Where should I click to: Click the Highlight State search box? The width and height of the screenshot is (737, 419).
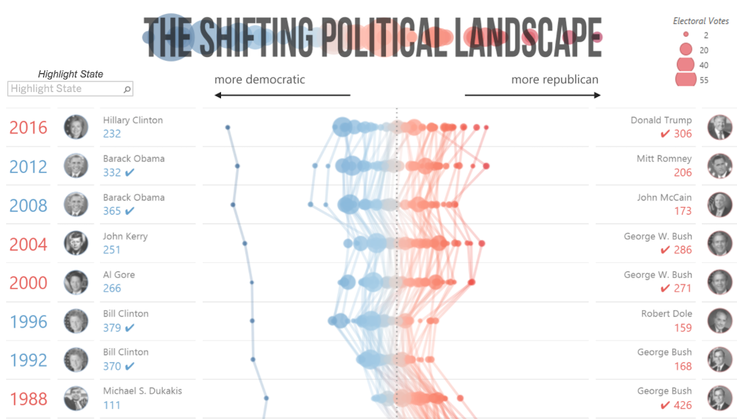[x=70, y=88]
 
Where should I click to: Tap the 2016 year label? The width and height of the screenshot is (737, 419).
[x=28, y=127]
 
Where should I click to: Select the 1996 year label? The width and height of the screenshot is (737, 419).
[x=28, y=322]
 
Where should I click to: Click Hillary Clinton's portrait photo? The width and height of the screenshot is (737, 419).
[x=76, y=127]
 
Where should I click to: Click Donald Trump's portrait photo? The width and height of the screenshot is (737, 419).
[x=719, y=127]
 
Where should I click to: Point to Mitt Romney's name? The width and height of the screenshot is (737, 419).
[x=664, y=159]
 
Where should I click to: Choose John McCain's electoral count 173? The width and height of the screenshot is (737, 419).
[x=682, y=211]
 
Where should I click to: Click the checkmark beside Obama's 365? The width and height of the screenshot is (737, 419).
[x=130, y=211]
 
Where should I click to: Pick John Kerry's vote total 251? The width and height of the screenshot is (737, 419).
[x=112, y=250]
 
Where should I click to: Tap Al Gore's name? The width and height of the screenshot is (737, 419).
[x=119, y=275]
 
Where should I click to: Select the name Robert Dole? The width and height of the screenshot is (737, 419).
[x=666, y=314]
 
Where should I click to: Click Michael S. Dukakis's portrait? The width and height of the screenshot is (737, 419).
[x=76, y=398]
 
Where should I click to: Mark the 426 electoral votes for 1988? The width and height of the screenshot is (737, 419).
[x=682, y=405]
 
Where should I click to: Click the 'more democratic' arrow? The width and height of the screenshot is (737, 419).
[x=282, y=95]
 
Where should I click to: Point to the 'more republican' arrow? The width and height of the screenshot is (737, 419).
[x=533, y=95]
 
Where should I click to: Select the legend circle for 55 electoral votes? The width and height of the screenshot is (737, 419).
[x=686, y=80]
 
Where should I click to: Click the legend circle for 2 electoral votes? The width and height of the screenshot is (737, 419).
[x=686, y=34]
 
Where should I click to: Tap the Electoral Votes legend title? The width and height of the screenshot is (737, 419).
[x=700, y=21]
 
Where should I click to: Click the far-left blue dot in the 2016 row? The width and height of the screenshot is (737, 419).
[x=228, y=127]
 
